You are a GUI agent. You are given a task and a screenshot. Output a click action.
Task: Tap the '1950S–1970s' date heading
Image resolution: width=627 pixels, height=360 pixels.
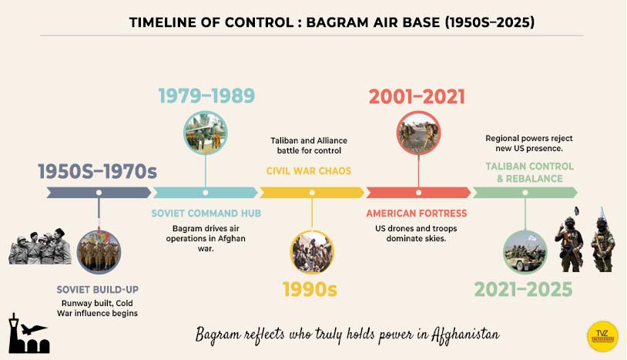[x=97, y=171]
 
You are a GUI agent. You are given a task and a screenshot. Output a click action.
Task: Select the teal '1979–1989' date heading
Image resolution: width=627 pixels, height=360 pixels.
[x=206, y=96]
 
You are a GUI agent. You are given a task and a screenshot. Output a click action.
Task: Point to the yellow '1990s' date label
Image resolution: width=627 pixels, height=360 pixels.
[x=312, y=290]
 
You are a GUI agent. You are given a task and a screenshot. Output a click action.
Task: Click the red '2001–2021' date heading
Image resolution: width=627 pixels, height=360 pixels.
[x=417, y=96]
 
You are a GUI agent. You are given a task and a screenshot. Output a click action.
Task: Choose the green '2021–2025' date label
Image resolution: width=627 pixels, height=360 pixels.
[x=523, y=290]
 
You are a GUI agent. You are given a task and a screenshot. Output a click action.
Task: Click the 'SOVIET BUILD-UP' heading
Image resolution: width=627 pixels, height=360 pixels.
[x=98, y=289]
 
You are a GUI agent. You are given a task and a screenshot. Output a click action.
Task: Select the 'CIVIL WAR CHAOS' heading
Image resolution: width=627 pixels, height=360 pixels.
[x=309, y=171]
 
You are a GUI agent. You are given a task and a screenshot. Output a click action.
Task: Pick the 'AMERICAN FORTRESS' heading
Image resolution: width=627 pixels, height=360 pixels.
[x=417, y=213]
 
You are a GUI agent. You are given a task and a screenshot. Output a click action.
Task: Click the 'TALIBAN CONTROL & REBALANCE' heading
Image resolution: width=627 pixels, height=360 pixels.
[x=529, y=172]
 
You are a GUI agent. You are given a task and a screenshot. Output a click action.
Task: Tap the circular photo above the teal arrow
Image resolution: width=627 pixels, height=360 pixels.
[x=206, y=133]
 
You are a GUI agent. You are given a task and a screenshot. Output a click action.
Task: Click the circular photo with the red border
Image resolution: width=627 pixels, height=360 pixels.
[x=417, y=133]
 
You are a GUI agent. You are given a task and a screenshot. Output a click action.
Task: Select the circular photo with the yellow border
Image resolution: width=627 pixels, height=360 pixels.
[x=312, y=251]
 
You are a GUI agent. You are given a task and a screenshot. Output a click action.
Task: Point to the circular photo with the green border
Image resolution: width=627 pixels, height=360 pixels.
[x=525, y=251]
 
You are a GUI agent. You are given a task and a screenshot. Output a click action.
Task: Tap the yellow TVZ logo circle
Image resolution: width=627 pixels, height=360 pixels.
[x=602, y=336]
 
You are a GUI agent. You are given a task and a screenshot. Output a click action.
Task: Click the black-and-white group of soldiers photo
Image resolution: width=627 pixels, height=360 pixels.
[x=40, y=248]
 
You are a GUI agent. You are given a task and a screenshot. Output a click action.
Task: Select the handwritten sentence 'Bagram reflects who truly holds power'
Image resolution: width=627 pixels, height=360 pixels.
[x=347, y=335]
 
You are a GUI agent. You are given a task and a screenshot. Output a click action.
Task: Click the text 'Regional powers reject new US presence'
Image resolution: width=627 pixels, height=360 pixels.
[x=528, y=143]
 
